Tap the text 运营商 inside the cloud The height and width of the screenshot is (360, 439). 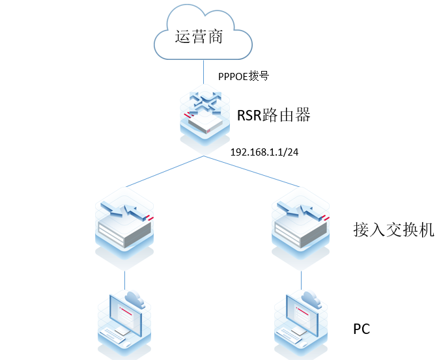coord(199,37)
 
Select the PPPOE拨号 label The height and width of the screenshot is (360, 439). coord(244,76)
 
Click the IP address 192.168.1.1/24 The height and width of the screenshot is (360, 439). coord(264,152)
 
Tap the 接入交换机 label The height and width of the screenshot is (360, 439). coord(393,230)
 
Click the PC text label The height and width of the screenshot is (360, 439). coord(361,329)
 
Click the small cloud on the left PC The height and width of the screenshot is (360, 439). coord(135,298)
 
